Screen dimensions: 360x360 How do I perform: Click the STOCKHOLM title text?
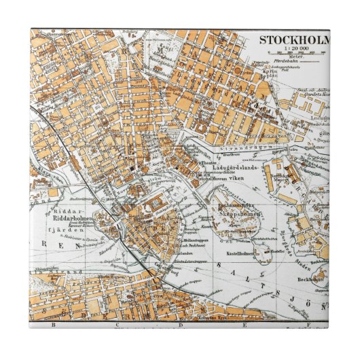click(294, 39)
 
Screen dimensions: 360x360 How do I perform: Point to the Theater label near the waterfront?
click(208, 162)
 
